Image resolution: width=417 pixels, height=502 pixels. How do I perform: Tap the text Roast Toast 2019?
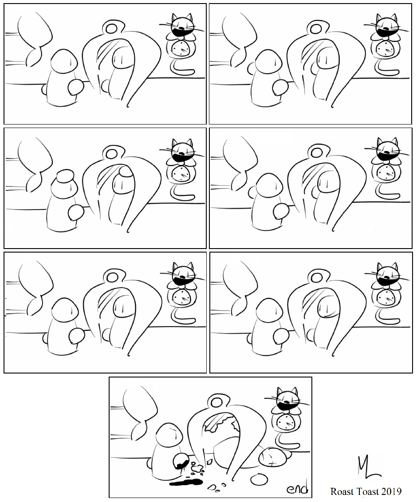point(366,491)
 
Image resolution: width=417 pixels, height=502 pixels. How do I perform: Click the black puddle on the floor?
point(186,482)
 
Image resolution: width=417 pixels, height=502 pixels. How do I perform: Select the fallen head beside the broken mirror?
point(273,456)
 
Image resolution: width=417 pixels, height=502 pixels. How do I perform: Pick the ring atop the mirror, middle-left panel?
point(112,152)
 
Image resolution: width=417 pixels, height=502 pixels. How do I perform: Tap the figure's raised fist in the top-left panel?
point(76,87)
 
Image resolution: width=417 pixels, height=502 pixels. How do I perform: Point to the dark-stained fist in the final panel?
point(181,461)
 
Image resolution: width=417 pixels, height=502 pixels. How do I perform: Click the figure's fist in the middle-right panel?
point(281,212)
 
